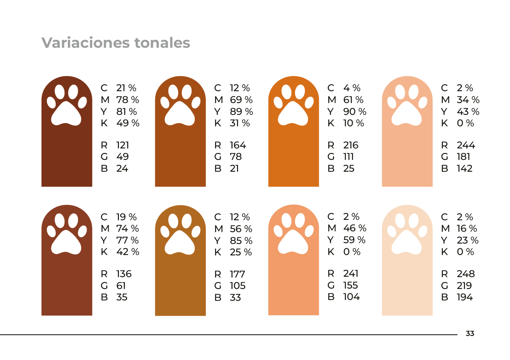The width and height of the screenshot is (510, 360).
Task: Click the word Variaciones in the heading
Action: [x=86, y=43]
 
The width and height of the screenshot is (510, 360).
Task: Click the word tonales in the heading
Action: [x=162, y=43]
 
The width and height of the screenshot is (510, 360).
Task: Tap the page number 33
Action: [x=470, y=334]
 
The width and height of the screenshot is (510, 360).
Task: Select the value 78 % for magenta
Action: [x=128, y=100]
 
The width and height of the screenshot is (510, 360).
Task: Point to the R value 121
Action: [x=122, y=145]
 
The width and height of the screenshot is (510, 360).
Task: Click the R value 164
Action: [x=238, y=145]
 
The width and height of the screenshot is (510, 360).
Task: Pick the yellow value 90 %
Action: [x=355, y=112]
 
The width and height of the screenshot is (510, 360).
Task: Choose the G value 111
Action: [x=348, y=157]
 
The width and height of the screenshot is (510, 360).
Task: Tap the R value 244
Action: [x=466, y=145]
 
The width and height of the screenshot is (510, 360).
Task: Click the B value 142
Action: [x=465, y=169]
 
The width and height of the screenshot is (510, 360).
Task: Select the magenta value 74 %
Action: [x=128, y=229]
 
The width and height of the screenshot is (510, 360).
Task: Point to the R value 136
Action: [x=124, y=274]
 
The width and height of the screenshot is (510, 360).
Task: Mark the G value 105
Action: [x=237, y=286]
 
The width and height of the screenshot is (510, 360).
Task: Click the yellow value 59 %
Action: [x=354, y=240]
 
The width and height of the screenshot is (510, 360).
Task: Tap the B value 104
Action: [x=352, y=297]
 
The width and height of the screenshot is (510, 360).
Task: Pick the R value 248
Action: [x=466, y=274]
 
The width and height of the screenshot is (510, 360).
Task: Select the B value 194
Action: [x=465, y=297]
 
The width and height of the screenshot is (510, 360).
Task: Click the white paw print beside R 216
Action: [x=294, y=105]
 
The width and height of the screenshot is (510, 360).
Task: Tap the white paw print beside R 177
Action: [x=180, y=234]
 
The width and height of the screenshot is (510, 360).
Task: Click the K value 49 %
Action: [x=128, y=123]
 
